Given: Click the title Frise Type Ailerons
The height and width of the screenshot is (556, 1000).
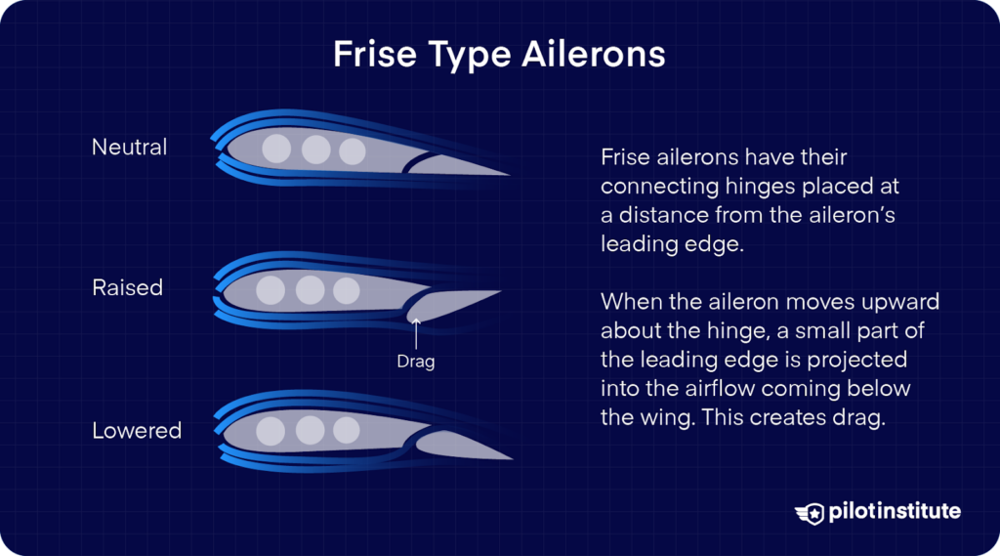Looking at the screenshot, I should pos(499,54).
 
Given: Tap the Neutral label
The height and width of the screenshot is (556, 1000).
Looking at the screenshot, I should pos(129,148).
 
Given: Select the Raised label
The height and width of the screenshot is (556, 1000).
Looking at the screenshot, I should pos(127,288).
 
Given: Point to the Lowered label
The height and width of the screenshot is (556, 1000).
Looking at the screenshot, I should pos(137,430).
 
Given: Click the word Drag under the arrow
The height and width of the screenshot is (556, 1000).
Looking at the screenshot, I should pos(415,362).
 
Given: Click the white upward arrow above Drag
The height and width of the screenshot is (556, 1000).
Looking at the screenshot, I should pos(416,334).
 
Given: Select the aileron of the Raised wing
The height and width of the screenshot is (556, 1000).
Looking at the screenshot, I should pos(449,304).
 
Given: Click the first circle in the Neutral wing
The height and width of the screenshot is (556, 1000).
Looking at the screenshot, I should pos(277,150).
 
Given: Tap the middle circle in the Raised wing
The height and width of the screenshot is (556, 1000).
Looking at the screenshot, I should pos(310,290).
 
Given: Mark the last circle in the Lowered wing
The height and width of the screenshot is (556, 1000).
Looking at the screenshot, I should pos(346,431).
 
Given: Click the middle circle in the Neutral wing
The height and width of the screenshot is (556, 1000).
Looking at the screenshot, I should pos(314,150).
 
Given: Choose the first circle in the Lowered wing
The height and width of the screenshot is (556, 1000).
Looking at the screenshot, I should pos(271,431).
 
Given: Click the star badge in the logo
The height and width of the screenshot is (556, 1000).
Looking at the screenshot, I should pos(812,512).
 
